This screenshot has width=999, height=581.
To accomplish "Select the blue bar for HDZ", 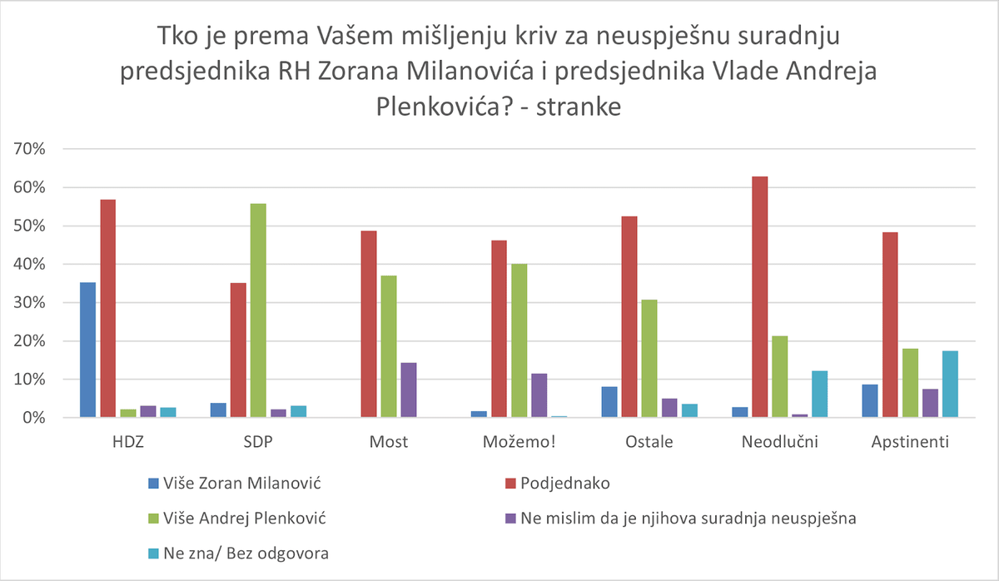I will (x=87, y=350).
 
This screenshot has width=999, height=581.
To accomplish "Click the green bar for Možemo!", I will (x=519, y=340).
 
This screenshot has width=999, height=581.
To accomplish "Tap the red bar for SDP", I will (x=238, y=350).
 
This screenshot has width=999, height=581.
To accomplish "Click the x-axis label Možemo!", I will (x=519, y=442).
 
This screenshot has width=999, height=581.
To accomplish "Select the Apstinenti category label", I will (x=908, y=442).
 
